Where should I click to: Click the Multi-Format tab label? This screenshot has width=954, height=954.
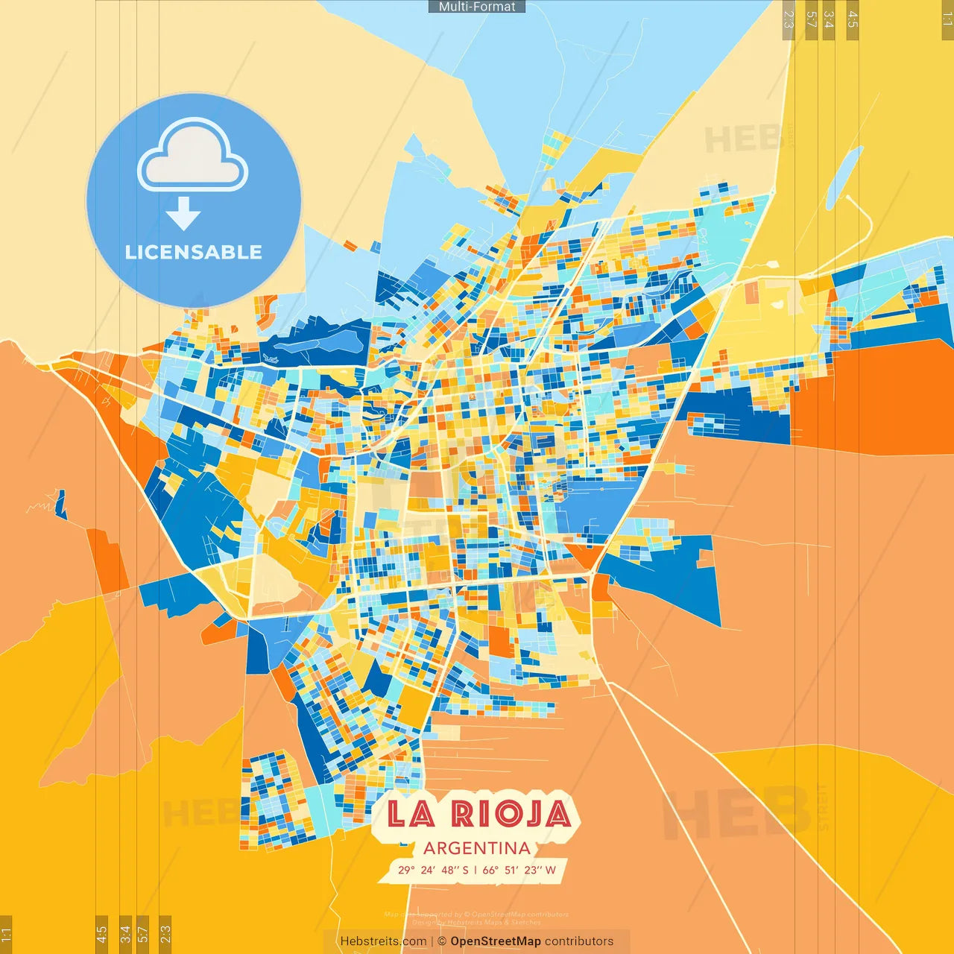(x=477, y=7)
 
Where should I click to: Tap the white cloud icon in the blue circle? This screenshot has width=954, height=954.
(x=193, y=156)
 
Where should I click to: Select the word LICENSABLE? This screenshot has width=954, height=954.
(x=194, y=252)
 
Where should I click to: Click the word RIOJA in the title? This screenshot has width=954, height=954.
(x=511, y=813)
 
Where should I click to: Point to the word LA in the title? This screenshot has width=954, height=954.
(x=411, y=813)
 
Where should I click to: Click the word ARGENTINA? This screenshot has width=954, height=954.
(x=477, y=848)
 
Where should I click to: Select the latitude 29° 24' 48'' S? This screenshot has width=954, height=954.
(x=433, y=870)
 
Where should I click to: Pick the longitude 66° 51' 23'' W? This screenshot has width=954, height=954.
(x=519, y=870)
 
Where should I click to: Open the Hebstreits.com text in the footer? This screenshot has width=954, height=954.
(x=383, y=941)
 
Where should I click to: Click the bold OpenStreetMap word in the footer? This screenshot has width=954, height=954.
(x=496, y=941)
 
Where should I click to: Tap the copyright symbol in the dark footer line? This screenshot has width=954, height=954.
(x=442, y=941)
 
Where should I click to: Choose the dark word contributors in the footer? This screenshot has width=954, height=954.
(x=579, y=941)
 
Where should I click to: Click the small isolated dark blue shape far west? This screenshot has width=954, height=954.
(x=60, y=505)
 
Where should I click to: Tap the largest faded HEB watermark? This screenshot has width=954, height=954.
(x=738, y=812)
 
